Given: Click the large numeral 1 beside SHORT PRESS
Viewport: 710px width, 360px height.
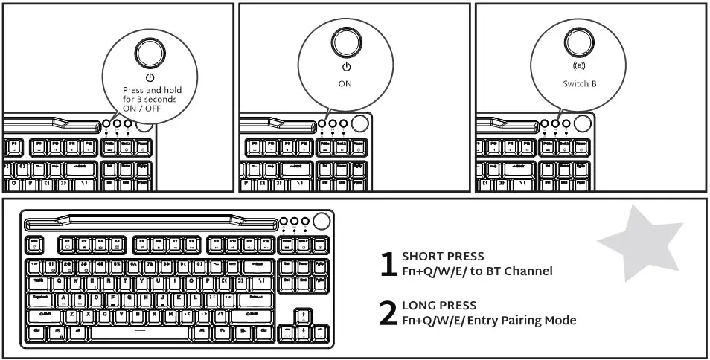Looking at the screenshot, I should click(388, 264).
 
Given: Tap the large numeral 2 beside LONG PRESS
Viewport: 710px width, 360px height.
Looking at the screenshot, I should click(388, 313).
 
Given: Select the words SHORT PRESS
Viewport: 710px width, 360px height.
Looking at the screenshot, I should click(443, 257).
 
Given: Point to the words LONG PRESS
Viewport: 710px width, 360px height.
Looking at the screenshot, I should click(439, 306).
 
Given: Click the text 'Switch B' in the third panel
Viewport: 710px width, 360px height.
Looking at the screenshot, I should click(580, 84).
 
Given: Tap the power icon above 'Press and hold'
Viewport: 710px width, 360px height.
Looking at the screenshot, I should click(150, 77).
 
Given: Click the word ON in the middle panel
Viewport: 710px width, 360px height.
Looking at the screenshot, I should click(345, 84).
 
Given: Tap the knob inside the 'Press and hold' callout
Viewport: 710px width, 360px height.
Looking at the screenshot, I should click(149, 51).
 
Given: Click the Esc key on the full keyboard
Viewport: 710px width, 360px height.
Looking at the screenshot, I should click(34, 242).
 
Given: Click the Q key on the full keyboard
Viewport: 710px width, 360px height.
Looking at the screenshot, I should click(59, 282).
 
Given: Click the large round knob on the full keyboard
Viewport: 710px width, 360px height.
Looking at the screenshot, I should click(322, 221).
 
